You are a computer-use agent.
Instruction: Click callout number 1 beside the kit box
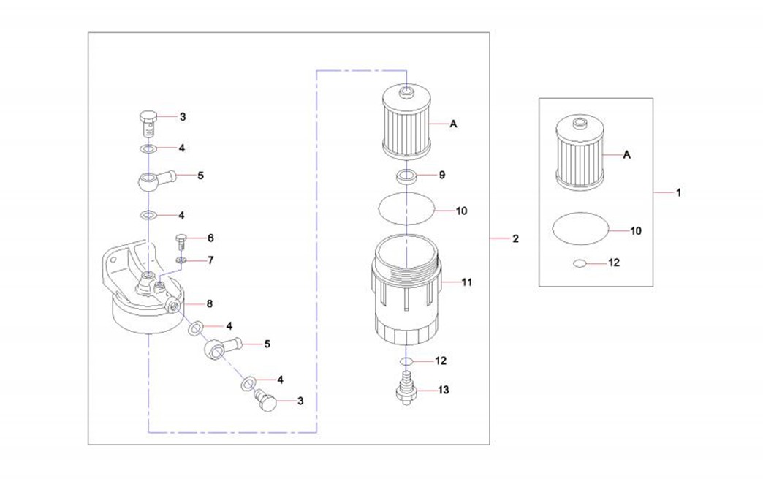[x=678, y=193]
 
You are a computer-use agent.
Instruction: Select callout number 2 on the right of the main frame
[x=515, y=239]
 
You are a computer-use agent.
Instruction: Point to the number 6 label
[x=210, y=238]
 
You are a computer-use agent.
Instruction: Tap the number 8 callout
[x=209, y=303]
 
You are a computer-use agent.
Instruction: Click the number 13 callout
[x=444, y=391]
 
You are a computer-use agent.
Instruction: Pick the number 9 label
[x=441, y=176]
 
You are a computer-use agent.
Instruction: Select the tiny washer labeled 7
[x=181, y=260]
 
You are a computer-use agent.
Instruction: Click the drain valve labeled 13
[x=406, y=388]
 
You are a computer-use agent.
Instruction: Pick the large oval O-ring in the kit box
[x=579, y=230]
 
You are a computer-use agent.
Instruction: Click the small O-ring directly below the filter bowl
[x=406, y=361]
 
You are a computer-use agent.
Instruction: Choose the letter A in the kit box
[x=627, y=155]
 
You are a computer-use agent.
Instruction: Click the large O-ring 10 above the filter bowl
[x=406, y=211]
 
